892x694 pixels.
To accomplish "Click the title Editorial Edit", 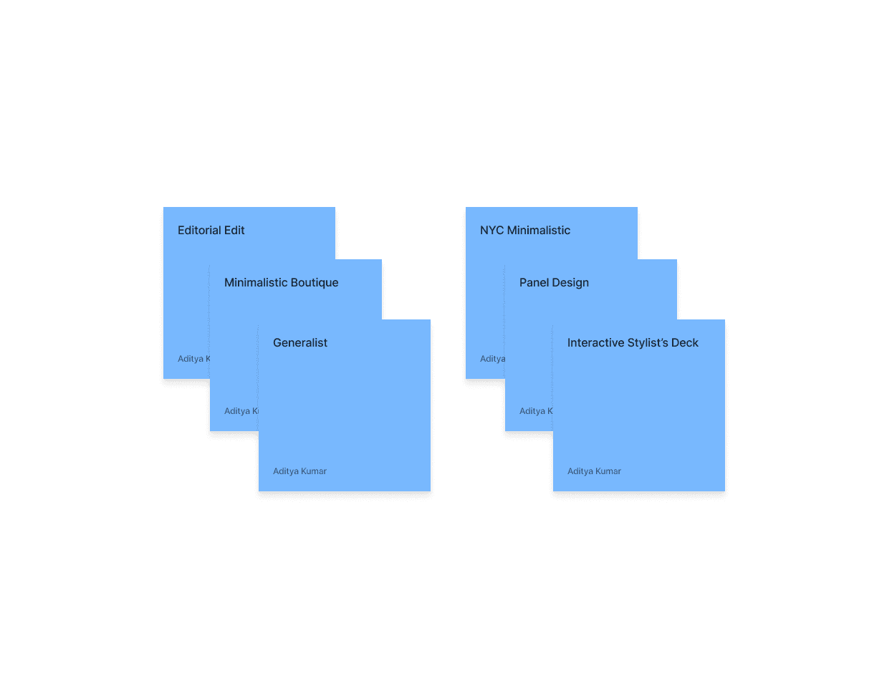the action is pyautogui.click(x=211, y=230).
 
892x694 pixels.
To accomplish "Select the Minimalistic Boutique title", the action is pyautogui.click(x=281, y=282).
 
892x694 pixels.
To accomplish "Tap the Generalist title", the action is pyautogui.click(x=299, y=342).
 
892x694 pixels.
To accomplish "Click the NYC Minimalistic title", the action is pyautogui.click(x=524, y=230).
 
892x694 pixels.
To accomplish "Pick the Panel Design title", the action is pyautogui.click(x=554, y=282).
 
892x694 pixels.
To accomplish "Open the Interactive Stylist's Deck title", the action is pyautogui.click(x=633, y=342).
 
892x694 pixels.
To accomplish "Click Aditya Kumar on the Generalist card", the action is pyautogui.click(x=299, y=471).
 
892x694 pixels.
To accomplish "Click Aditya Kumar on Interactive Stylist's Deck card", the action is pyautogui.click(x=594, y=471).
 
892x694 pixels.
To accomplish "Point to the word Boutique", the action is pyautogui.click(x=315, y=282).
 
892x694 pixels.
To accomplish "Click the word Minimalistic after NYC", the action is pyautogui.click(x=538, y=230).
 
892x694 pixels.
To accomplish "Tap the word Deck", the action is pyautogui.click(x=684, y=342).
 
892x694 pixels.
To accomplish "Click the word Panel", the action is pyautogui.click(x=534, y=282).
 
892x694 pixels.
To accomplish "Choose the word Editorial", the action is pyautogui.click(x=199, y=230).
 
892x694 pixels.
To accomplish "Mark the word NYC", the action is pyautogui.click(x=491, y=230).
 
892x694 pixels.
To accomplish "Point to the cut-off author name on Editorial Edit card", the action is pyautogui.click(x=193, y=359).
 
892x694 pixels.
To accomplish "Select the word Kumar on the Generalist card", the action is pyautogui.click(x=313, y=471).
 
